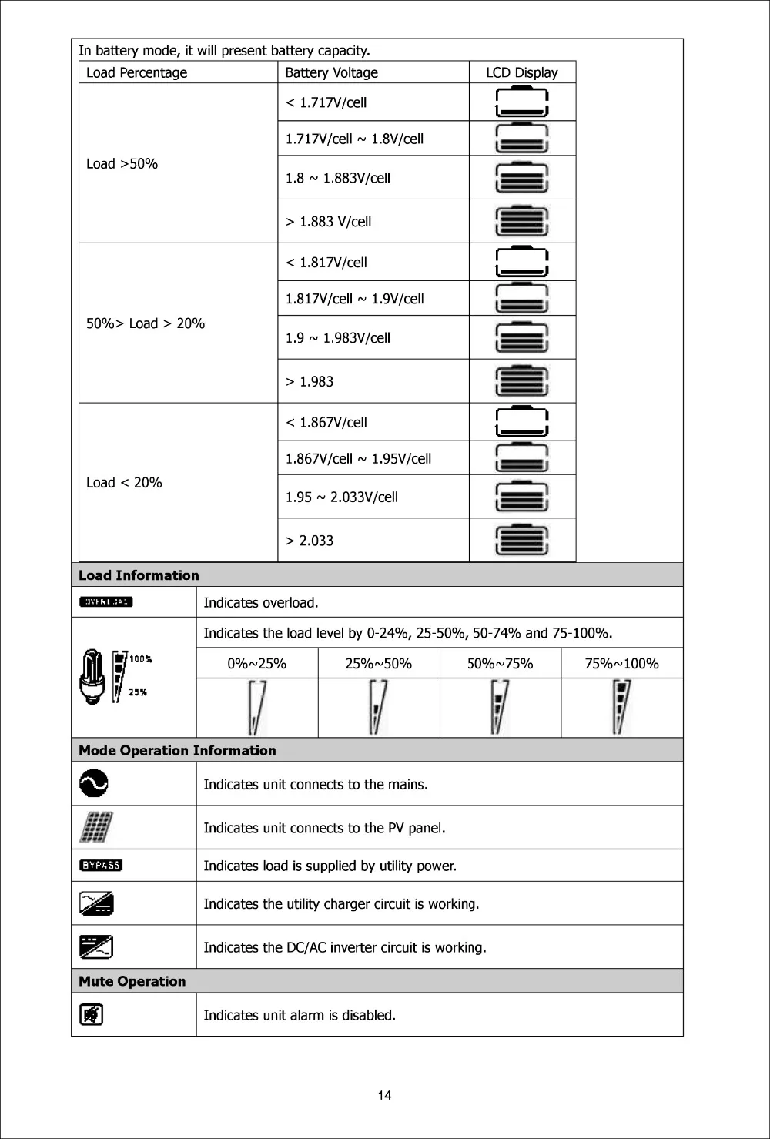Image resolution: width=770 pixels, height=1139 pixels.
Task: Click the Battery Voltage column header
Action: click(x=331, y=72)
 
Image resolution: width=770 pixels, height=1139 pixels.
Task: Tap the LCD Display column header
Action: click(x=521, y=72)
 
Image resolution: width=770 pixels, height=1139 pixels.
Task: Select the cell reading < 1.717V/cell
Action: click(x=326, y=102)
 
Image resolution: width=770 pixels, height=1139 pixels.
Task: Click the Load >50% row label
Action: click(x=122, y=163)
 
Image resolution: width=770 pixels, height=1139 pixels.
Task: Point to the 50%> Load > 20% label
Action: click(x=146, y=323)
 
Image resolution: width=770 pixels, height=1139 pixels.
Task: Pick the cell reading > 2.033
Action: click(x=310, y=541)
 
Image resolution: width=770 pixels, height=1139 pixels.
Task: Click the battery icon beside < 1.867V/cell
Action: click(x=522, y=422)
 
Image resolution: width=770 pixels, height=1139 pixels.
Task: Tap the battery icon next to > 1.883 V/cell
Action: click(x=522, y=221)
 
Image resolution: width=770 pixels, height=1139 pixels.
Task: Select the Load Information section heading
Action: click(x=139, y=575)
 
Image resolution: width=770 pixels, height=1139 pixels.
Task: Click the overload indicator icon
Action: click(x=105, y=601)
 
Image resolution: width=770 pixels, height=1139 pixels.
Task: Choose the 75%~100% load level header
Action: click(x=621, y=664)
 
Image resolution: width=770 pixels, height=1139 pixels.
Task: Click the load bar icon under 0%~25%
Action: click(x=256, y=708)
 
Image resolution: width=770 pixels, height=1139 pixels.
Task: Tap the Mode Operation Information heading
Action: click(x=177, y=750)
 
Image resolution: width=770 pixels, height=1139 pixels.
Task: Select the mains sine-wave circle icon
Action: click(x=94, y=784)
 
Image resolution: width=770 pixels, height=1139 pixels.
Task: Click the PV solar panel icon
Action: click(x=95, y=828)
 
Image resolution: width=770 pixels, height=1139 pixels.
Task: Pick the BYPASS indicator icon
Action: click(x=101, y=865)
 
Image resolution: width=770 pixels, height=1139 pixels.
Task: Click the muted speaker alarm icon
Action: click(x=92, y=1014)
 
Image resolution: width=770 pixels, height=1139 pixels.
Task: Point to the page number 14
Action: click(x=385, y=1095)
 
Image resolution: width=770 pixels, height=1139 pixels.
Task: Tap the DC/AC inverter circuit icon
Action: click(x=96, y=946)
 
